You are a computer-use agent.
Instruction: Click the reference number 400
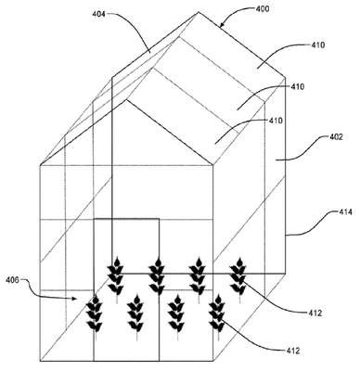tap(263, 8)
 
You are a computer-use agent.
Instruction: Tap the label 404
tap(99, 14)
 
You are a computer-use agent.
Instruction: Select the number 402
tap(335, 136)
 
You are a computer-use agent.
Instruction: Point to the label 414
tap(344, 212)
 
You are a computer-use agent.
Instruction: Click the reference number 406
tap(12, 280)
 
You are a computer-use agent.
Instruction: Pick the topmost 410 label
tap(318, 45)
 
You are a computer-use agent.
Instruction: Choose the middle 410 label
tap(297, 86)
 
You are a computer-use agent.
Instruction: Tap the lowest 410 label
tap(276, 121)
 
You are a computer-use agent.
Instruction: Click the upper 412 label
tap(315, 313)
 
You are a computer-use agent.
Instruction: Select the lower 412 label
tap(292, 351)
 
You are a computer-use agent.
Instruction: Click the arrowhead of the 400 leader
tap(222, 25)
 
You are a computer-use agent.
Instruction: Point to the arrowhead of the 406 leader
tap(74, 299)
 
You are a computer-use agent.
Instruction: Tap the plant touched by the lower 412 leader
tap(218, 317)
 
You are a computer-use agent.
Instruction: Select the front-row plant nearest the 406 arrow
tap(96, 317)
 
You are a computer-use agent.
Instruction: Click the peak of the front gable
tap(126, 99)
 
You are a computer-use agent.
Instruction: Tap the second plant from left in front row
tap(136, 317)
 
